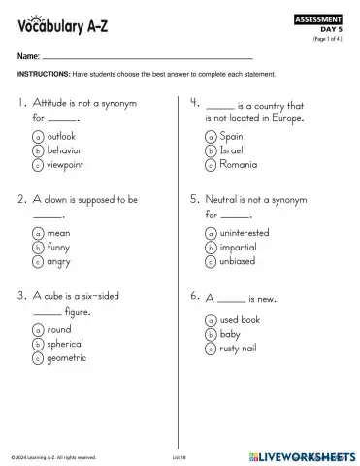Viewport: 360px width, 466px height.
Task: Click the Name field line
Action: (x=146, y=58)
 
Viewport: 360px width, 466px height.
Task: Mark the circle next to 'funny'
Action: (x=37, y=248)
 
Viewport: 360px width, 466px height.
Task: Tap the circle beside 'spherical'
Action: (x=37, y=344)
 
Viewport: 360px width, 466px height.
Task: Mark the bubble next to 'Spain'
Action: (x=211, y=137)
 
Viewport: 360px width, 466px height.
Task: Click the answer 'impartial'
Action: (x=239, y=248)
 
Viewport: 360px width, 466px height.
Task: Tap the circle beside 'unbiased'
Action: (x=211, y=262)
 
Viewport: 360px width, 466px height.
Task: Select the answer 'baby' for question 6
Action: (x=231, y=334)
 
